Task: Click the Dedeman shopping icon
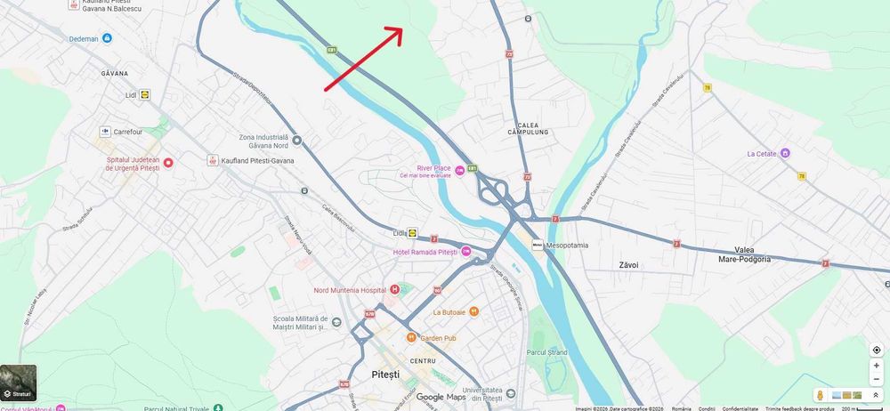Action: [107, 38]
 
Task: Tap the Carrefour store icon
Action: [104, 132]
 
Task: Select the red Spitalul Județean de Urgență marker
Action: [167, 163]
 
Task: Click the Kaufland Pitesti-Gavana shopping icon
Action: [213, 160]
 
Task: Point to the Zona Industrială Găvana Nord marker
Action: [296, 141]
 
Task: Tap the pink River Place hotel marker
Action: [459, 170]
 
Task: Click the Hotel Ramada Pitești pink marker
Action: [465, 252]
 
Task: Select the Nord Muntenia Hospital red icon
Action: [394, 289]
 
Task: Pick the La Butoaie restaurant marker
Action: [473, 311]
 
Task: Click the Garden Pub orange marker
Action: [411, 338]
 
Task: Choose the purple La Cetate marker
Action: [785, 153]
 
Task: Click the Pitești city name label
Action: [387, 375]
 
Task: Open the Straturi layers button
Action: [19, 382]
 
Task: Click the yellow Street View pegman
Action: [820, 395]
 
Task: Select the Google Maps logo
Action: [441, 398]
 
